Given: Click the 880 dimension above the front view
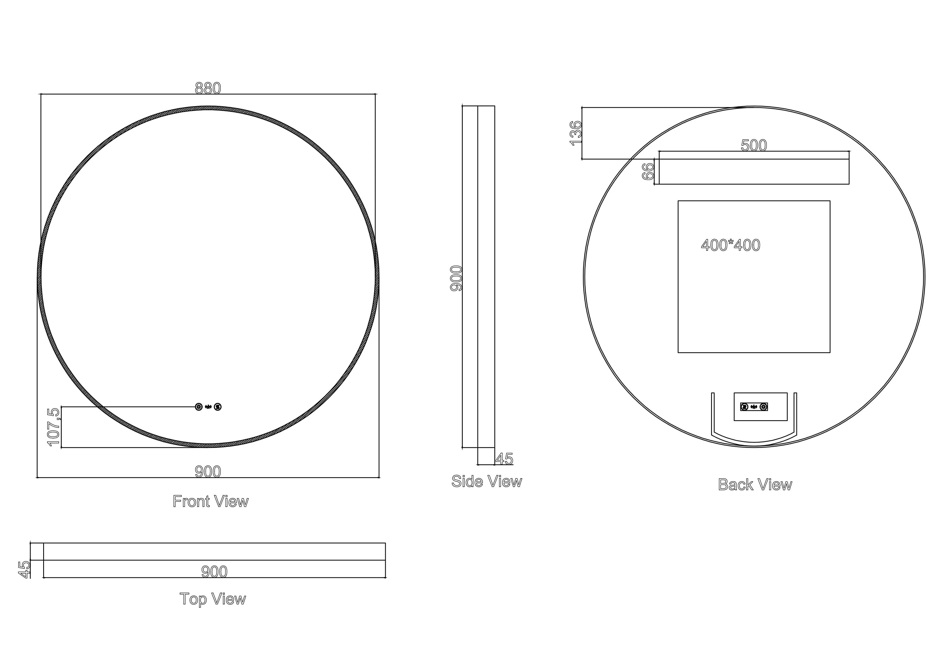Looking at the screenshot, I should coord(208,88).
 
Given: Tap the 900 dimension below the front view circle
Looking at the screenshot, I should coord(208,472).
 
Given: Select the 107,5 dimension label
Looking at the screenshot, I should coord(54,427).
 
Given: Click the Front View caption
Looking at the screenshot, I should coord(211,501).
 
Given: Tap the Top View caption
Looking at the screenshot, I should coord(213,599).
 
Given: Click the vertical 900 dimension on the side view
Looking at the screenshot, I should coord(456,278).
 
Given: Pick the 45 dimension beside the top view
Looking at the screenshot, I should coord(25,570).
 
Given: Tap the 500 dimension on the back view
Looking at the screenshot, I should coord(754,145).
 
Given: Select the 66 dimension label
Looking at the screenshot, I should coord(648,172).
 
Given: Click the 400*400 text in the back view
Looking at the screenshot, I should coord(731,245).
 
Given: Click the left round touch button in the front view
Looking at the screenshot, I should coord(199,407).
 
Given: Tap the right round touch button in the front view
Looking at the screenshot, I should coord(218,407).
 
